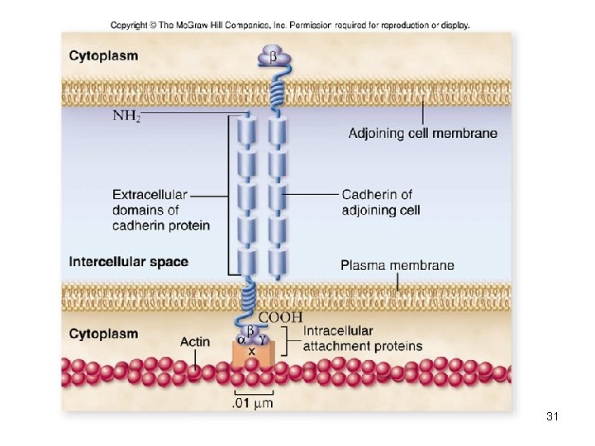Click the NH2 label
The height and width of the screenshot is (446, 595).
pos(126,116)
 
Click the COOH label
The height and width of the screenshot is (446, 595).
pos(281,317)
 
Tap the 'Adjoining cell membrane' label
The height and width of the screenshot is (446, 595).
pos(422,133)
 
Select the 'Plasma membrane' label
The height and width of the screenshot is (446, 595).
pos(397,265)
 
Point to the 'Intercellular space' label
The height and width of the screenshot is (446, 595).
pos(128,262)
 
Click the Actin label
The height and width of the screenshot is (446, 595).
pos(195,342)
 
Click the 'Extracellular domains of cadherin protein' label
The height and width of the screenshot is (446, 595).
pos(160,210)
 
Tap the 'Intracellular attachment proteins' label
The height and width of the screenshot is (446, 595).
pos(362,339)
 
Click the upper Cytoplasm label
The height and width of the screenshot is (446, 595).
pos(103,56)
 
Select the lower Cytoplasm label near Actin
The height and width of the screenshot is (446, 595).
pos(103,334)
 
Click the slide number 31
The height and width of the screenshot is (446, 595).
pos(553,417)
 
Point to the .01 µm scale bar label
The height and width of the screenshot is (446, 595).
pos(252,403)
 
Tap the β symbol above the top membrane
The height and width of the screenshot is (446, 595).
pos(273,57)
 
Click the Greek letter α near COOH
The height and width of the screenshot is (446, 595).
pos(241,339)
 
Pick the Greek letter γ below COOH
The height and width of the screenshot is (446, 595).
pos(263,339)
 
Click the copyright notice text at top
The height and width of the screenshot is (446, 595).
pos(290,25)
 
